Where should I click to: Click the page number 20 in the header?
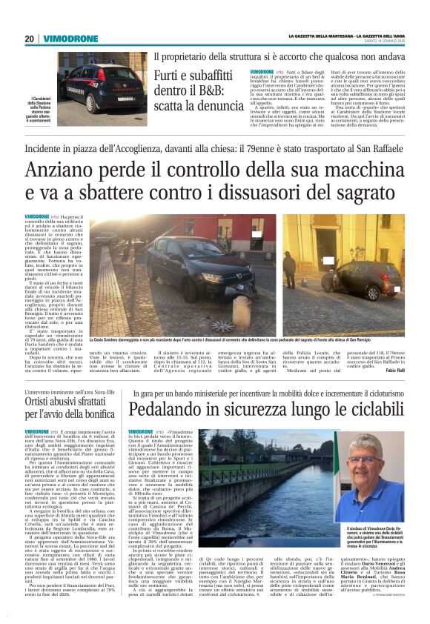[x=30, y=39]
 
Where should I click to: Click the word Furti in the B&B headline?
[x=169, y=76]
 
